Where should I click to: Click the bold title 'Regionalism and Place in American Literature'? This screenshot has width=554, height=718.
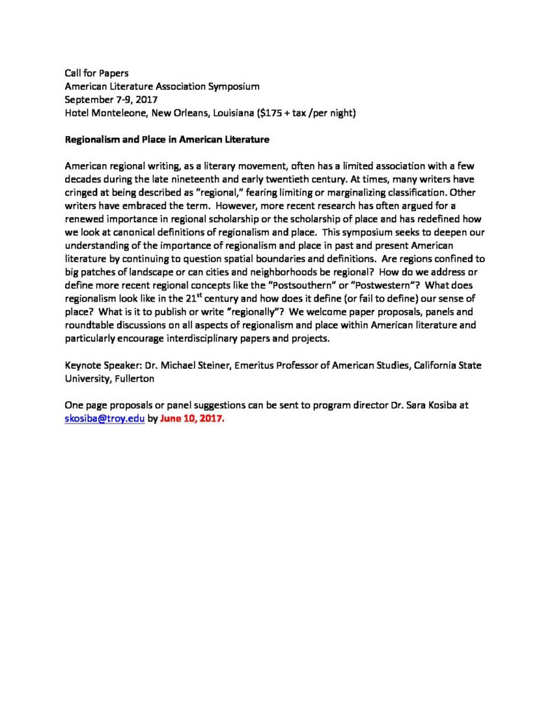point(167,140)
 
